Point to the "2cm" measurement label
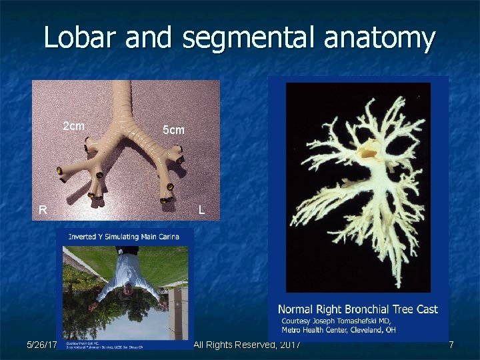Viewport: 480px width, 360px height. pos(73,126)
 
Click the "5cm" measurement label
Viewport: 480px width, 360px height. pos(173,130)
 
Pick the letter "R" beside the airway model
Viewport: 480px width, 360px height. pos(43,210)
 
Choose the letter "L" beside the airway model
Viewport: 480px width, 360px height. pos(201,210)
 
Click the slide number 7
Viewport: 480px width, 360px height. pos(451,345)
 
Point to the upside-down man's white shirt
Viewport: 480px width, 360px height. pos(127,277)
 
